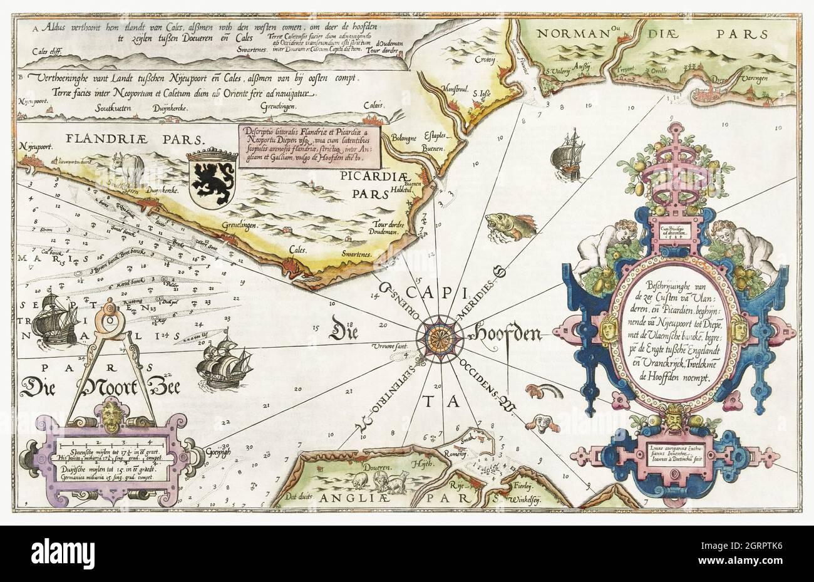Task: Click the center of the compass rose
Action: point(436,334)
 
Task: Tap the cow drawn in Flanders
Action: point(129,168)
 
